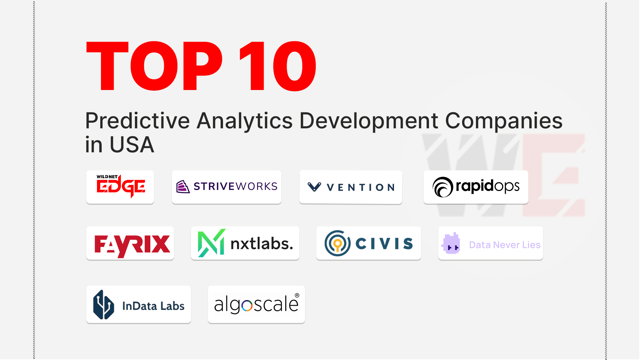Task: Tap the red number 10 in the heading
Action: click(x=278, y=66)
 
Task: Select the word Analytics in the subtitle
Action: click(x=245, y=121)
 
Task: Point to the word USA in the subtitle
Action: click(x=132, y=145)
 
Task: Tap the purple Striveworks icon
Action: click(x=183, y=187)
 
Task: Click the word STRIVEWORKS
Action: click(x=235, y=186)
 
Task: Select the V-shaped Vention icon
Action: click(x=314, y=187)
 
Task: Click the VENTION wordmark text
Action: click(x=361, y=187)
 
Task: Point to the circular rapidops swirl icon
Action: click(x=443, y=187)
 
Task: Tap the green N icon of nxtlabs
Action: click(x=211, y=243)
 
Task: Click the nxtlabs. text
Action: click(x=262, y=244)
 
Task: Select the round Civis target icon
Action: click(x=337, y=243)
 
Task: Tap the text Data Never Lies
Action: click(x=505, y=245)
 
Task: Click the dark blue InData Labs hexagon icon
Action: click(x=103, y=305)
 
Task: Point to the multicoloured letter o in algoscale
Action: click(x=247, y=306)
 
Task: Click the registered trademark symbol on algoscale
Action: click(x=297, y=296)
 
